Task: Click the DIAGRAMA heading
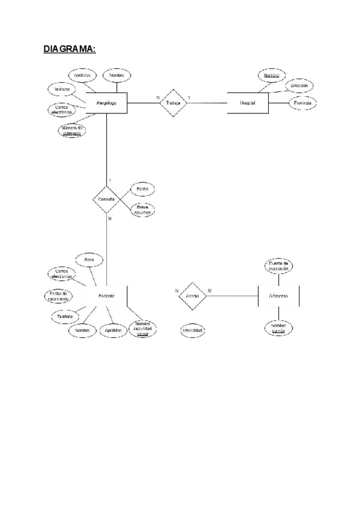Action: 70,49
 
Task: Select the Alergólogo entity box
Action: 106,103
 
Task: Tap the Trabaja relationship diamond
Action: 173,103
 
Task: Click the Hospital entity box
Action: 247,103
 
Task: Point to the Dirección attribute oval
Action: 299,86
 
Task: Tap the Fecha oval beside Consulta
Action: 143,189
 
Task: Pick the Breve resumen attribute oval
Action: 143,210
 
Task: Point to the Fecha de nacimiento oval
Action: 59,295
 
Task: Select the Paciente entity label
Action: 106,297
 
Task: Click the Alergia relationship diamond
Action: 193,297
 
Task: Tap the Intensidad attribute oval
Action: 193,331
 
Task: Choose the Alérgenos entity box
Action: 279,297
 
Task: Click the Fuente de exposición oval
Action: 279,266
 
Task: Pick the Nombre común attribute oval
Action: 278,328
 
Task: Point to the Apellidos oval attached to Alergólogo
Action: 82,76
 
